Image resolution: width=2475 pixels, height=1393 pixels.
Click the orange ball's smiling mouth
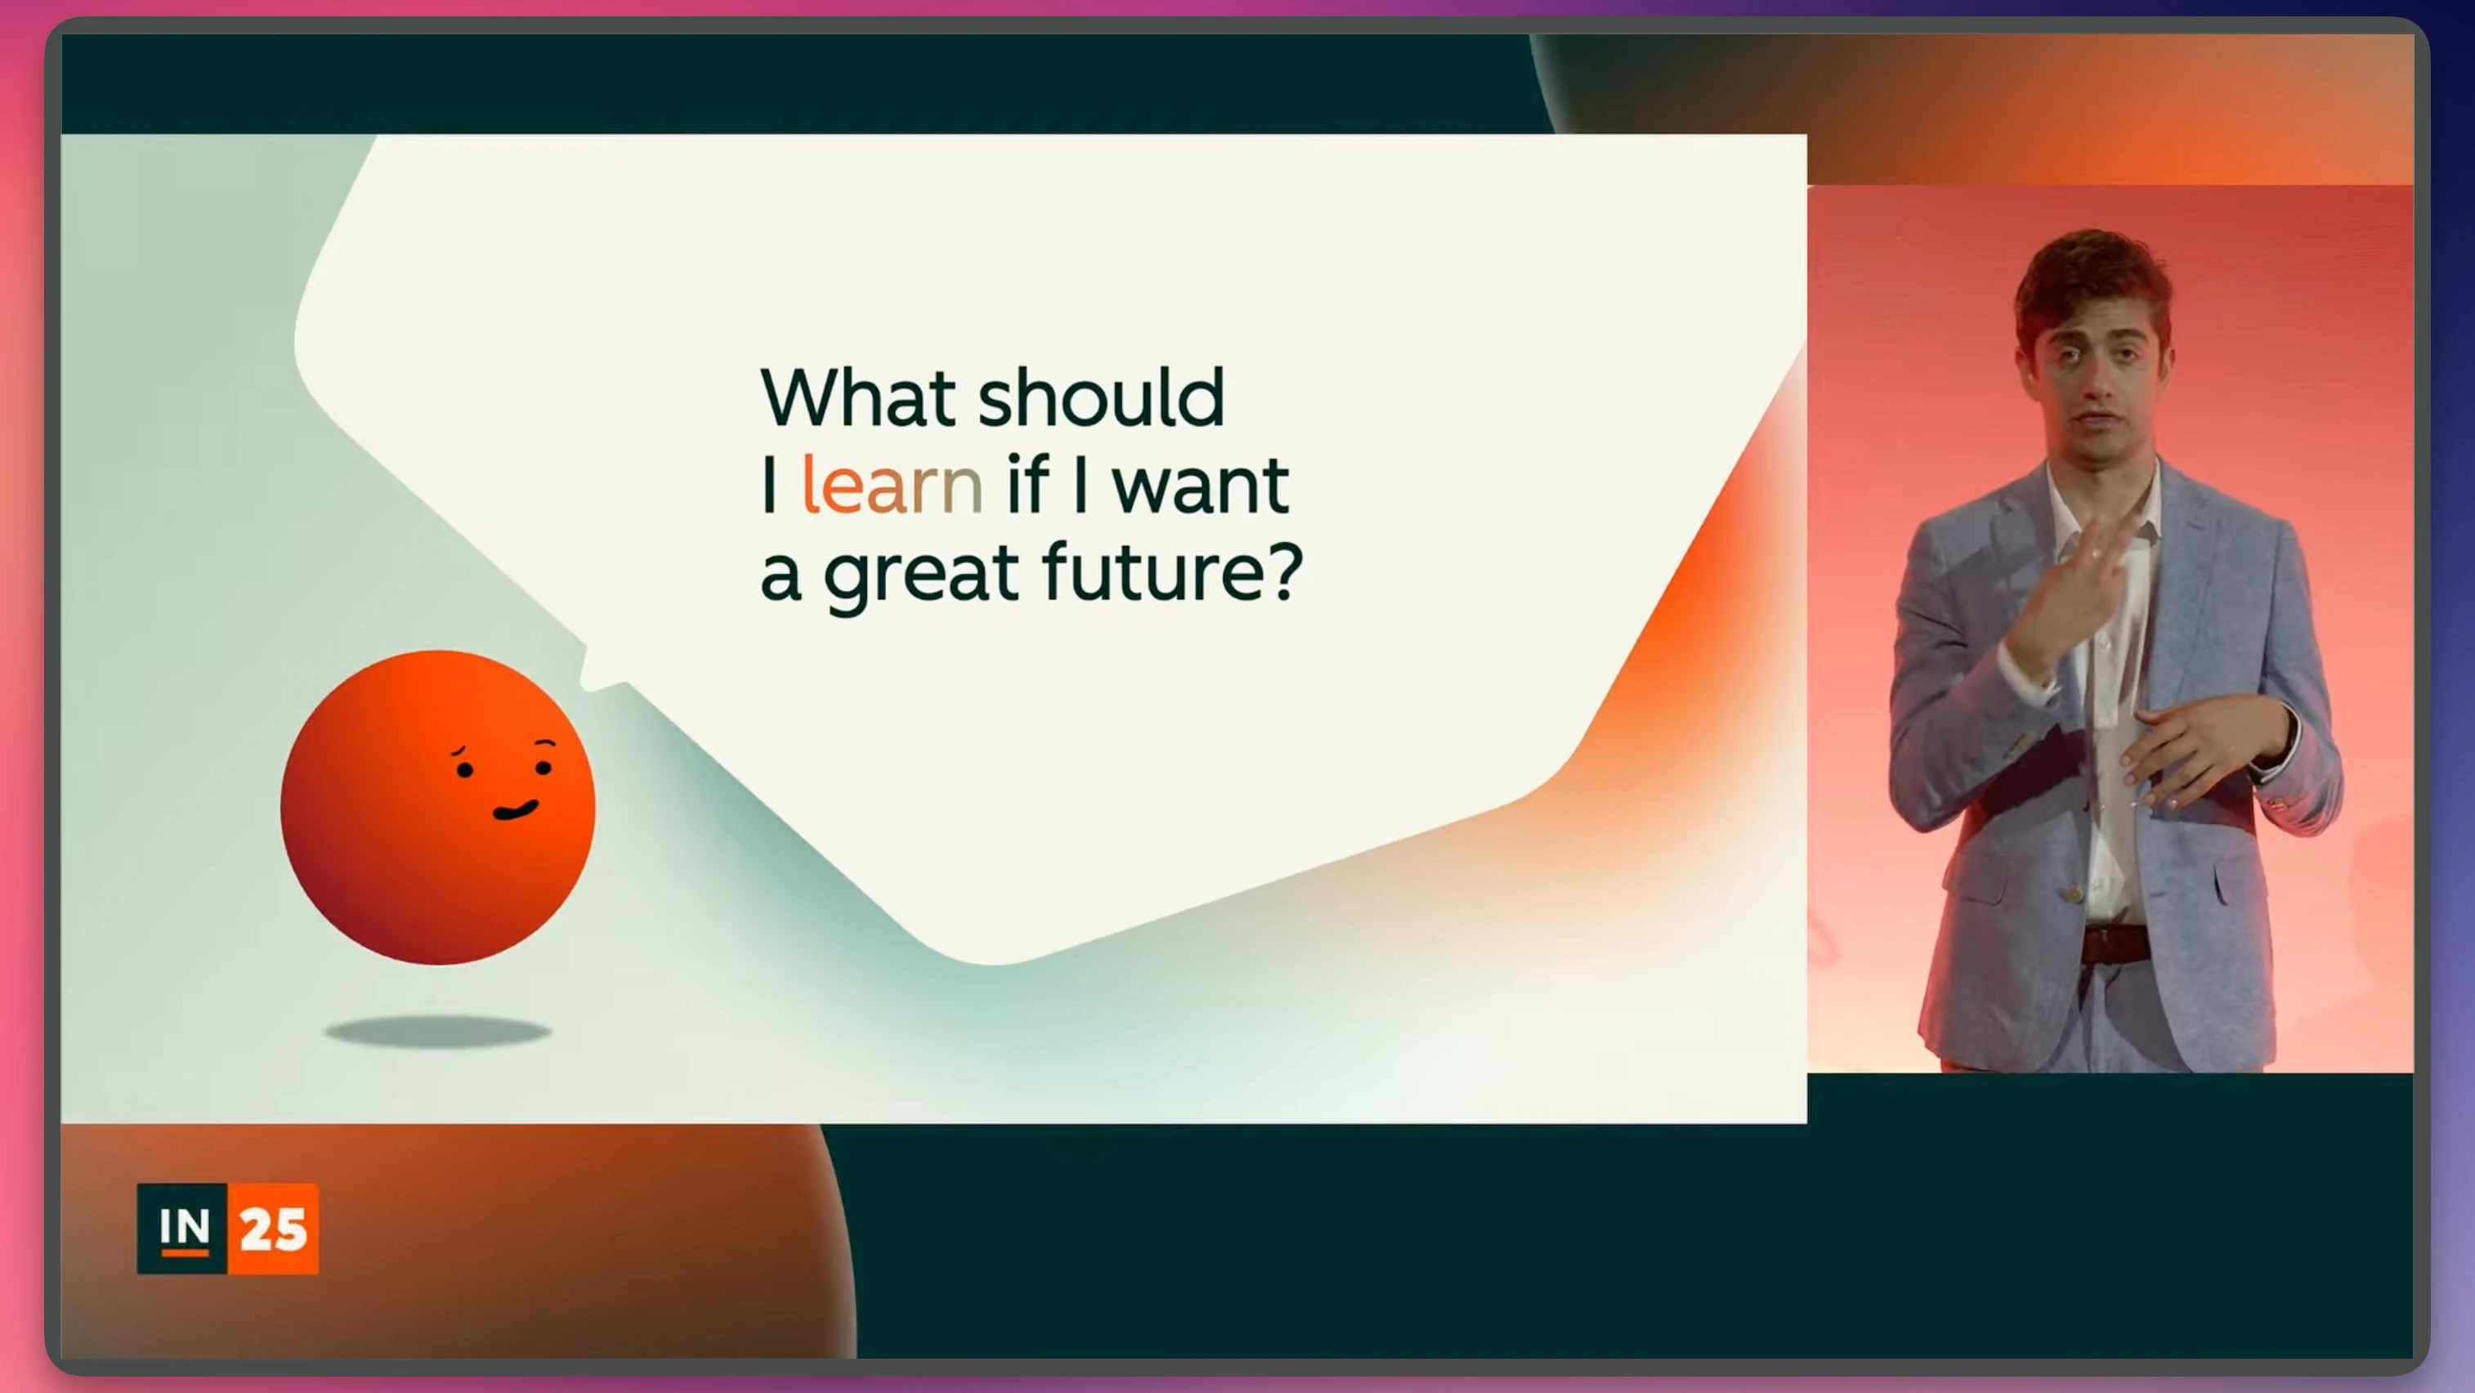click(516, 811)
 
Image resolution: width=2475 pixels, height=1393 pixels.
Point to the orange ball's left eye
click(465, 769)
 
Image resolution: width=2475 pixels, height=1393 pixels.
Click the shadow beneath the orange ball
click(437, 1032)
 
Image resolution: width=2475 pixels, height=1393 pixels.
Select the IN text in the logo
click(184, 1228)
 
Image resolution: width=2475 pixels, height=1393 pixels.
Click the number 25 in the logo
click(274, 1230)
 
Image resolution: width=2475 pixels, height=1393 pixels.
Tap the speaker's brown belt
click(2115, 943)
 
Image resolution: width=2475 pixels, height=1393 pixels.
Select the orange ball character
click(438, 807)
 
